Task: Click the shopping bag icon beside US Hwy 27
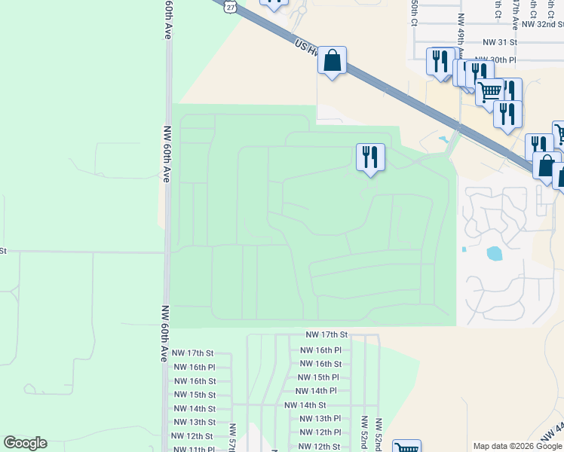point(332,60)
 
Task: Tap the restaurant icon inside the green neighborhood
point(370,157)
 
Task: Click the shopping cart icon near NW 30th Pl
point(490,92)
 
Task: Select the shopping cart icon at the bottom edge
point(406,447)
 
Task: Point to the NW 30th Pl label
point(495,59)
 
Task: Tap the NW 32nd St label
point(542,24)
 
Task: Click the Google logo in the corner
point(25,443)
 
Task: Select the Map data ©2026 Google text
point(517,446)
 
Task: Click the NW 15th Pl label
point(318,377)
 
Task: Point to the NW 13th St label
point(195,422)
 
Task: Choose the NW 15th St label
point(195,395)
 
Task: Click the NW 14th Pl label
point(316,391)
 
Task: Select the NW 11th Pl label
point(193,449)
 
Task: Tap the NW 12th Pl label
point(320,432)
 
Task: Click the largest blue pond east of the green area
point(495,253)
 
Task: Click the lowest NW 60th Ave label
point(164,334)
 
